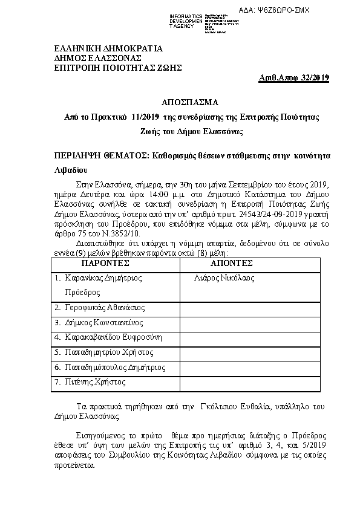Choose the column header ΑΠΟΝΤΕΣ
coord(231,264)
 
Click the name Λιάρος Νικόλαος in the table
coord(224,278)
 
